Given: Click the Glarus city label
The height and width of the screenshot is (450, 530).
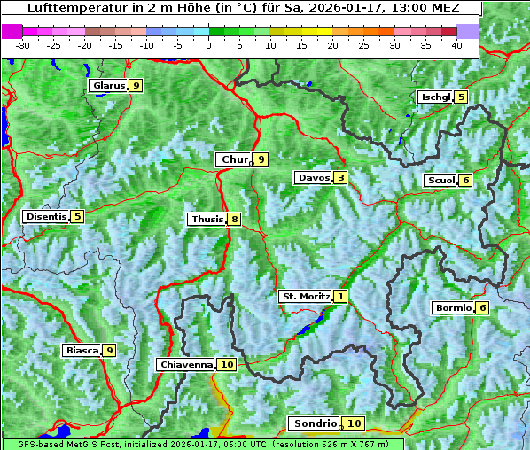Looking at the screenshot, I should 108,86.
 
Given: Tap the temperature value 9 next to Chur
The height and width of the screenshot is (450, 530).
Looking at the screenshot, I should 261,159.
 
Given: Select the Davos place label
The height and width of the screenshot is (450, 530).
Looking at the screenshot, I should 314,178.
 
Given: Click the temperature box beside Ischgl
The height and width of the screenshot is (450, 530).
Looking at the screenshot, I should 461,97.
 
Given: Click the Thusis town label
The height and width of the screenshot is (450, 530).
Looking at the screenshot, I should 207,219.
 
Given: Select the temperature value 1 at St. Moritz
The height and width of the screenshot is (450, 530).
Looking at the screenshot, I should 341,296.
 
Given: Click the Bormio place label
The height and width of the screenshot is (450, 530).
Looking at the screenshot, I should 453,308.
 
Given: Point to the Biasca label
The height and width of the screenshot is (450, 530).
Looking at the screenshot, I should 82,351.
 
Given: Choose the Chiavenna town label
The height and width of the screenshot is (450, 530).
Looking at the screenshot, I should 186,364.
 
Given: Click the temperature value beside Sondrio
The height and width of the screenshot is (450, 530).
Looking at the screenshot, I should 354,423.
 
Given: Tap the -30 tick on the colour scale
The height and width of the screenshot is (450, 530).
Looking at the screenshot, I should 23,44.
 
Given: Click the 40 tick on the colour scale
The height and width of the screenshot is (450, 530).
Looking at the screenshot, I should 456,44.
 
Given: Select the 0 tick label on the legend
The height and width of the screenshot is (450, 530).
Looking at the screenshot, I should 208,44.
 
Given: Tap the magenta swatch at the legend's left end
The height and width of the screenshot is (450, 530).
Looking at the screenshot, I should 12,31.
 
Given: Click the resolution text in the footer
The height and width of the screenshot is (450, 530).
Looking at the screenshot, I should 336,444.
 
